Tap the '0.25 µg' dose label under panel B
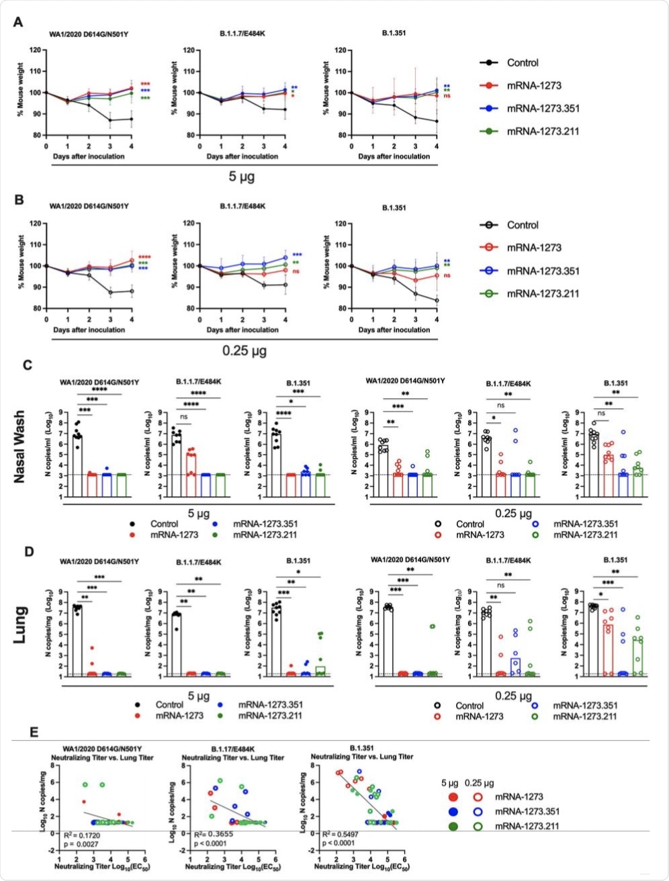(x=240, y=351)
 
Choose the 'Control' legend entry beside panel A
(x=523, y=62)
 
